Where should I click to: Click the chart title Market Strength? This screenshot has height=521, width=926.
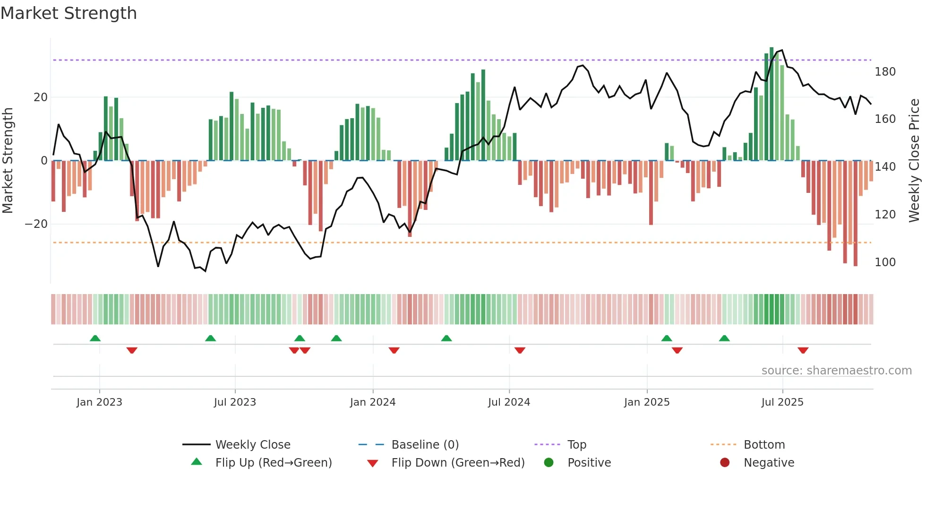(x=69, y=13)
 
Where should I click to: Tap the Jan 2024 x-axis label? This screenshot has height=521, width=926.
(x=372, y=402)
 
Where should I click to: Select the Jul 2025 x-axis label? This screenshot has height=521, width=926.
(x=782, y=402)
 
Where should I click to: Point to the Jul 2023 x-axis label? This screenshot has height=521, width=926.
(x=234, y=402)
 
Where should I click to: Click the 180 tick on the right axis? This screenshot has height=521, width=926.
(x=885, y=72)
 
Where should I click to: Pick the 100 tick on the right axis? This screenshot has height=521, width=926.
(x=885, y=262)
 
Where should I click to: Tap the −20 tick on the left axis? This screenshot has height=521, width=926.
(x=36, y=224)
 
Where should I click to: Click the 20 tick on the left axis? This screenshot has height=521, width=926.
(x=41, y=97)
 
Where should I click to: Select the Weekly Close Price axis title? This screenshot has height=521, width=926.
(x=914, y=161)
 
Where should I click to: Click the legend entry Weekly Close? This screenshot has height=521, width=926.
(x=253, y=445)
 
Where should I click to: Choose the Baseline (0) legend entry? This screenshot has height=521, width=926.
(x=425, y=445)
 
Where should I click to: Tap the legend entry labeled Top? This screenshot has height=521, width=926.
(x=576, y=445)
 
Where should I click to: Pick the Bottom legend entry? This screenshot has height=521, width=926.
(x=764, y=445)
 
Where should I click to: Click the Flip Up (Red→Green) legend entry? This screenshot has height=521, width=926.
(x=273, y=463)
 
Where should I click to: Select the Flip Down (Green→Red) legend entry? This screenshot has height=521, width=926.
(x=457, y=463)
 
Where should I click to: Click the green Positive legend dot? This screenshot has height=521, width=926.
(x=549, y=463)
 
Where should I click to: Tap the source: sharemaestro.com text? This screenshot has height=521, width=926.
(x=836, y=371)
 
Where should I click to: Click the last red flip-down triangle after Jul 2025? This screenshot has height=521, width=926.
(x=803, y=350)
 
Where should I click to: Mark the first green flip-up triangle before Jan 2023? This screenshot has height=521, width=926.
(x=95, y=338)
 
